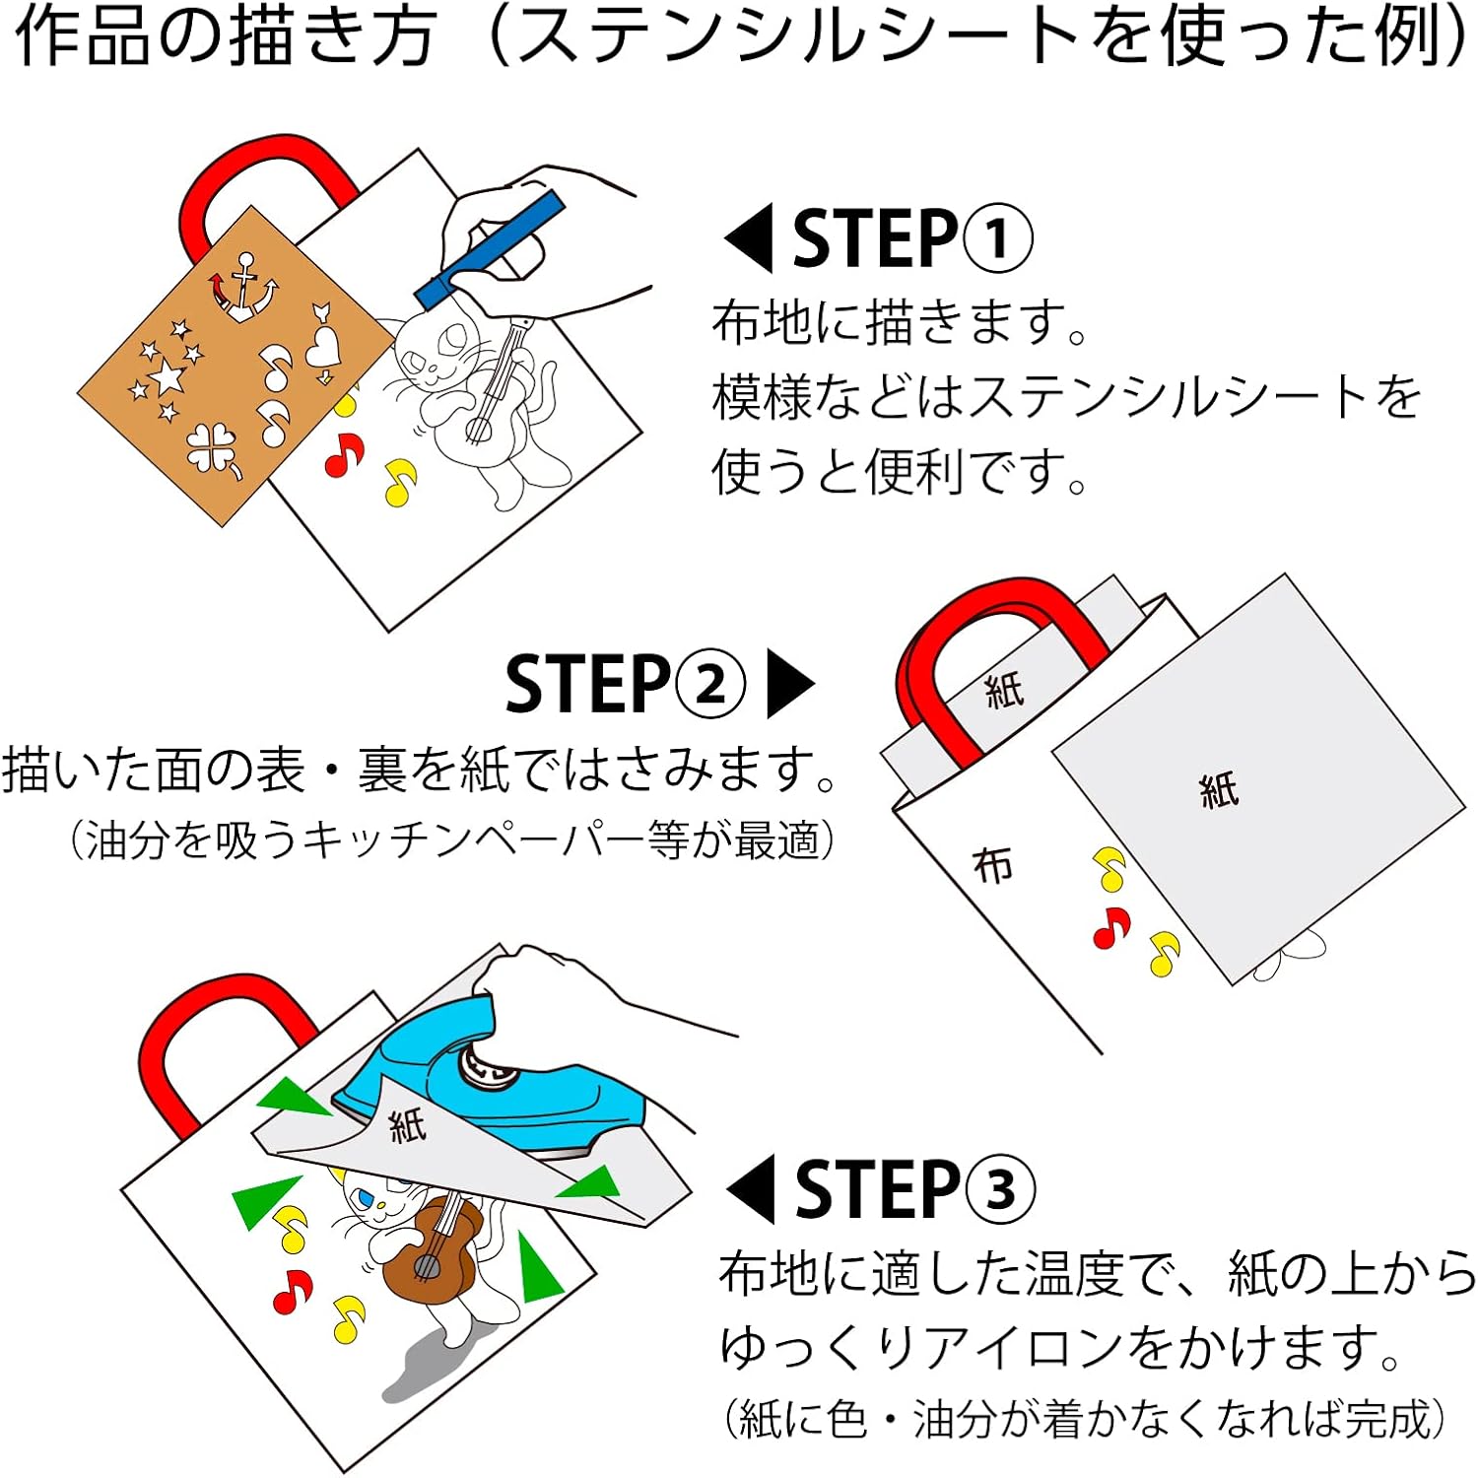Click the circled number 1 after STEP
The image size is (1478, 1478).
(997, 239)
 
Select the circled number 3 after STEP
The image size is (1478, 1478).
(999, 1189)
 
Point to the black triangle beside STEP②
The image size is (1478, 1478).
(788, 684)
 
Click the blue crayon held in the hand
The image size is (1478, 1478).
(490, 249)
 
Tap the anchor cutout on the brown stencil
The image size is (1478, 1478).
(242, 289)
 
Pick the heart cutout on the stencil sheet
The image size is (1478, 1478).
(322, 347)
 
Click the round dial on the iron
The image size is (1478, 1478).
(488, 1066)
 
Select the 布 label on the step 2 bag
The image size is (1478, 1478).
(992, 866)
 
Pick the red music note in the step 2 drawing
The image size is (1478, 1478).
(1110, 927)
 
